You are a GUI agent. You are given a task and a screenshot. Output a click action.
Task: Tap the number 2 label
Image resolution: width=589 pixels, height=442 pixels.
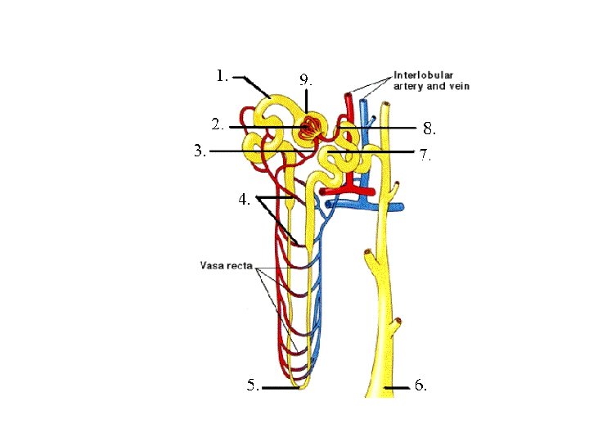(x=216, y=125)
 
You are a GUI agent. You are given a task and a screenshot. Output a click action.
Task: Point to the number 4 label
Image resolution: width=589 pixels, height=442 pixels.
(x=244, y=198)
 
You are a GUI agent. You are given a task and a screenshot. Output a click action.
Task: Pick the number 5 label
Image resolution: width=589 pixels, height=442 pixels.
(x=254, y=385)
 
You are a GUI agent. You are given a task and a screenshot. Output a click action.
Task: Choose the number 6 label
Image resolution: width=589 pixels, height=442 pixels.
(x=420, y=385)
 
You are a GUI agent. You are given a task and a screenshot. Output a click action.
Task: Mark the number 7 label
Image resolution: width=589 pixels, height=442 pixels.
(x=424, y=154)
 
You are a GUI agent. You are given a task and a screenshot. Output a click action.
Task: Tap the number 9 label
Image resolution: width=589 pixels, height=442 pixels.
(x=304, y=80)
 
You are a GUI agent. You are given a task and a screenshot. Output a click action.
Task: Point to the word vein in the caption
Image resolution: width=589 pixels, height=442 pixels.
(x=457, y=86)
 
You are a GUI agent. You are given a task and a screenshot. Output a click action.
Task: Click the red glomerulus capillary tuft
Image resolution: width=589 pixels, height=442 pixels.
(x=309, y=128)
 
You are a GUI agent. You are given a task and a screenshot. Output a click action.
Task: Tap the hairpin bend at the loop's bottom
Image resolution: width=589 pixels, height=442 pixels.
(x=301, y=385)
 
